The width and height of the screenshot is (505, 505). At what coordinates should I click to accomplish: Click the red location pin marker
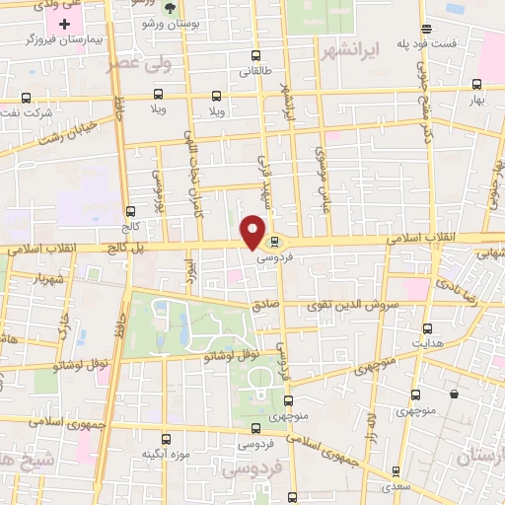253,231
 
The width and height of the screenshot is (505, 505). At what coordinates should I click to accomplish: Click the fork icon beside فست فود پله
425,28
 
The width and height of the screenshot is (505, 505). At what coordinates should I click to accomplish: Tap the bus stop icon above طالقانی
256,55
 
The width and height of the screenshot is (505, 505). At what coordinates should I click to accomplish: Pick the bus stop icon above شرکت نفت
27,98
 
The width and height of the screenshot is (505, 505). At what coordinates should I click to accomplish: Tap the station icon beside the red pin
274,241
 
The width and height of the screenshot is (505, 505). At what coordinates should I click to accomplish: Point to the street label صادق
265,308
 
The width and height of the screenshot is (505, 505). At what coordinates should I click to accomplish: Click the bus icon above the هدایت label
427,328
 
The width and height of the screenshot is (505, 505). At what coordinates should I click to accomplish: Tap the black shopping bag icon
454,395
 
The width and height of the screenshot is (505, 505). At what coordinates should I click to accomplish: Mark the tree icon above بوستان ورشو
170,7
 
